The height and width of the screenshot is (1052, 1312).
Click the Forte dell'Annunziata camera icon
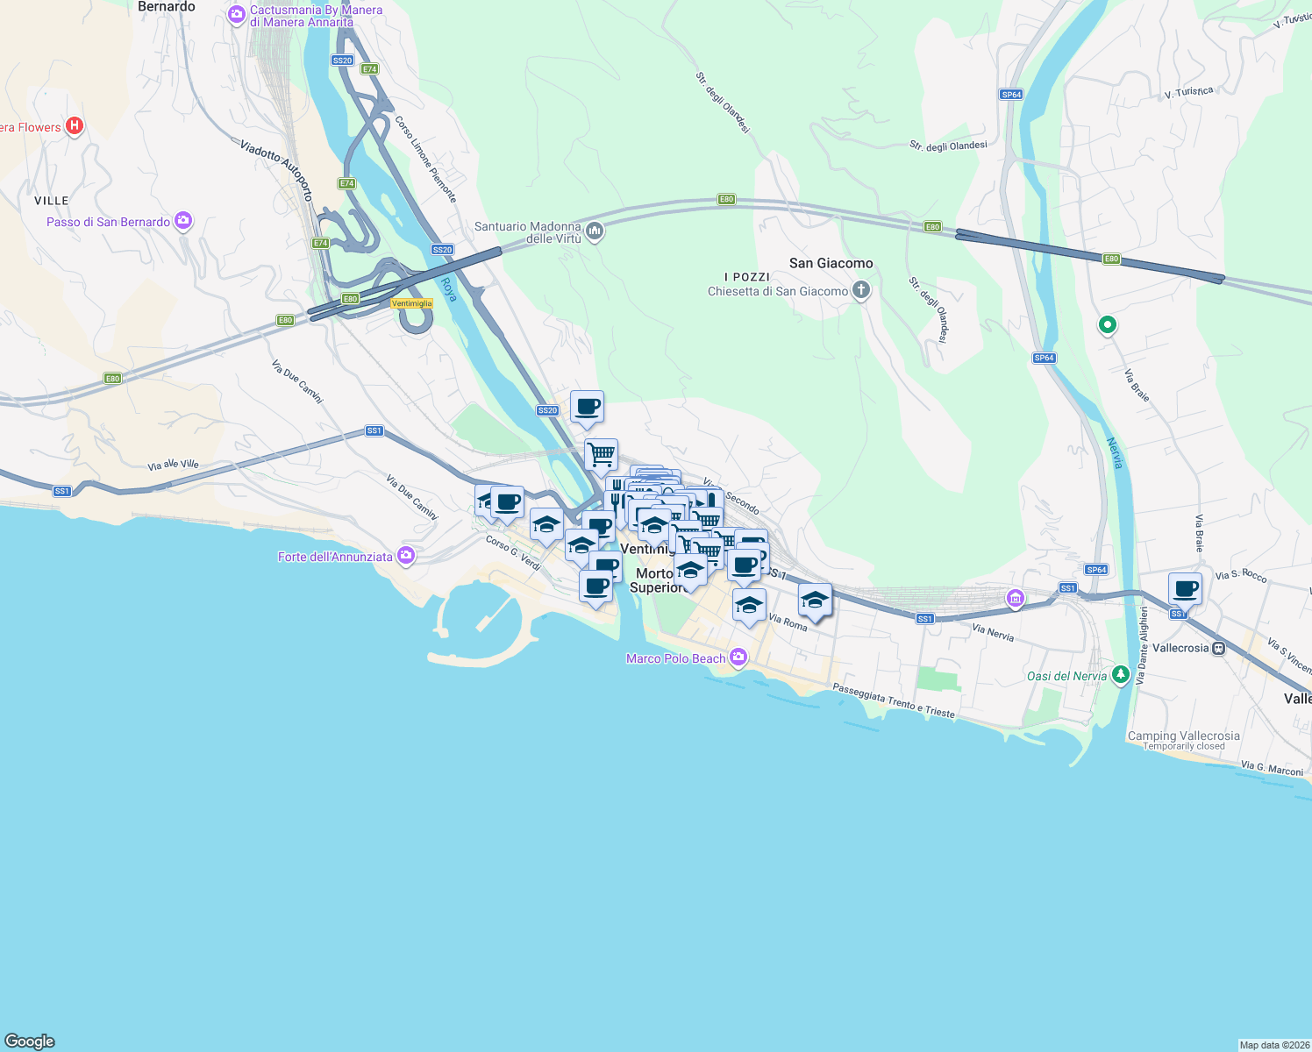405,555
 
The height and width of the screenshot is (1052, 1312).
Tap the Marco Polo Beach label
675,658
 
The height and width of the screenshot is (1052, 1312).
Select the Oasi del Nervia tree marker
1120,674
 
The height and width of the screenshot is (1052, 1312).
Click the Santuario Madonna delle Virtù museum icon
595,231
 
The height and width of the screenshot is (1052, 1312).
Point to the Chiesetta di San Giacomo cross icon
861,290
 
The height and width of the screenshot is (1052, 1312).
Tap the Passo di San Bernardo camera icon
183,221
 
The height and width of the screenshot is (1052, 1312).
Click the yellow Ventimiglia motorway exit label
411,303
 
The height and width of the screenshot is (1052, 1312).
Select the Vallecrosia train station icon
1218,648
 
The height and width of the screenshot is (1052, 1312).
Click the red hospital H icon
75,126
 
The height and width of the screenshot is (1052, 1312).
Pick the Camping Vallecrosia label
1183,736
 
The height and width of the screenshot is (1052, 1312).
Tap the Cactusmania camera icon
236,14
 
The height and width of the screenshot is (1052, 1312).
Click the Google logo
30,1041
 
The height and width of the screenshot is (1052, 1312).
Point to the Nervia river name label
1115,452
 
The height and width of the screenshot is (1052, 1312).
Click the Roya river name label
449,289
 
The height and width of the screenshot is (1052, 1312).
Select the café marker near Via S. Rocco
1185,589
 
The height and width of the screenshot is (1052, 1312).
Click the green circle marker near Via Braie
1107,325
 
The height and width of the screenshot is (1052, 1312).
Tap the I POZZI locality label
747,277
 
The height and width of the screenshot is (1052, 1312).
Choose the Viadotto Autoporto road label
276,170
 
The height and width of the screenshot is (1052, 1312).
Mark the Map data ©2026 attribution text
1274,1045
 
